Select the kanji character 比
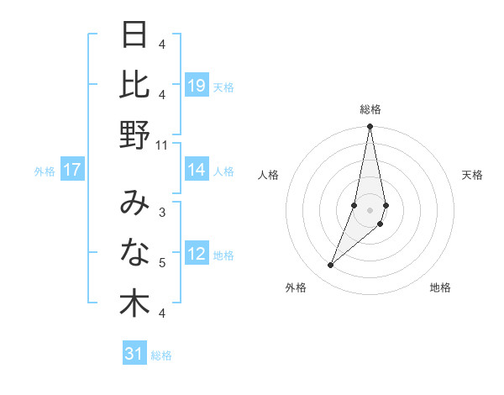[x=134, y=85]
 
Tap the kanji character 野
[x=134, y=134]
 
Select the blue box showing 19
[x=197, y=85]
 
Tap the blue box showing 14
[x=197, y=170]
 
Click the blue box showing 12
[x=197, y=255]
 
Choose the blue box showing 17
[x=72, y=170]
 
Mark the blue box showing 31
[x=134, y=354]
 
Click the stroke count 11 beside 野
[x=162, y=145]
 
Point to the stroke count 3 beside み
[x=162, y=213]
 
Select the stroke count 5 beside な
[x=162, y=263]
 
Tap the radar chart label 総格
[x=370, y=109]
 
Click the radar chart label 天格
[x=473, y=175]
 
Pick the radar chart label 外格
[x=296, y=287]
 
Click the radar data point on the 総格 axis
[x=370, y=127]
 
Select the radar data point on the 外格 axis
[x=331, y=265]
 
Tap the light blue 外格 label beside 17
[x=45, y=171]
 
